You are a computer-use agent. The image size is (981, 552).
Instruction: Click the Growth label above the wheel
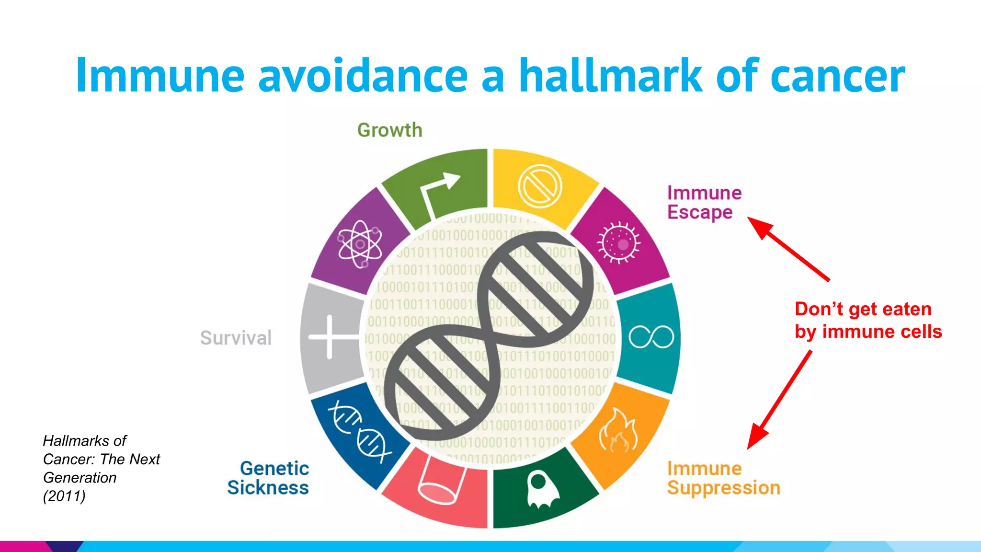coord(389,130)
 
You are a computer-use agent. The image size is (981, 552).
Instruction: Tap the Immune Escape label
coord(704,203)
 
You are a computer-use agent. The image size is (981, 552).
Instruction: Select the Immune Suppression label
coord(723,478)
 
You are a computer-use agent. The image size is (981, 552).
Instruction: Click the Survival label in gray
coord(236,338)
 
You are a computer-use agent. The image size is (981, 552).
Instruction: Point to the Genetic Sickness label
coord(268,478)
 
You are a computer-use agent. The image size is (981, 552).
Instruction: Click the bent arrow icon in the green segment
coord(438,192)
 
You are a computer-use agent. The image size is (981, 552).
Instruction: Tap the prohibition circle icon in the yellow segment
coord(540,186)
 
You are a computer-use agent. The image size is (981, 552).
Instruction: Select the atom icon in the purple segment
coord(360,245)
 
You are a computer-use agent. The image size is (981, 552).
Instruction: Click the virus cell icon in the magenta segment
coord(618,243)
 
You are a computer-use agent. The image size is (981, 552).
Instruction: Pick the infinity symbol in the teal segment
coord(651,337)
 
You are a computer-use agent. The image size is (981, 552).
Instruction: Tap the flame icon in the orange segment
coord(618,431)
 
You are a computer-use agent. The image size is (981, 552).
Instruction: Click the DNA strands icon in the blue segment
coord(359,431)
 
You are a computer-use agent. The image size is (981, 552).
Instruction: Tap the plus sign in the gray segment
coord(330,337)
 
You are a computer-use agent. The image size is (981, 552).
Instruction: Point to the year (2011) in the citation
coord(64,496)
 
